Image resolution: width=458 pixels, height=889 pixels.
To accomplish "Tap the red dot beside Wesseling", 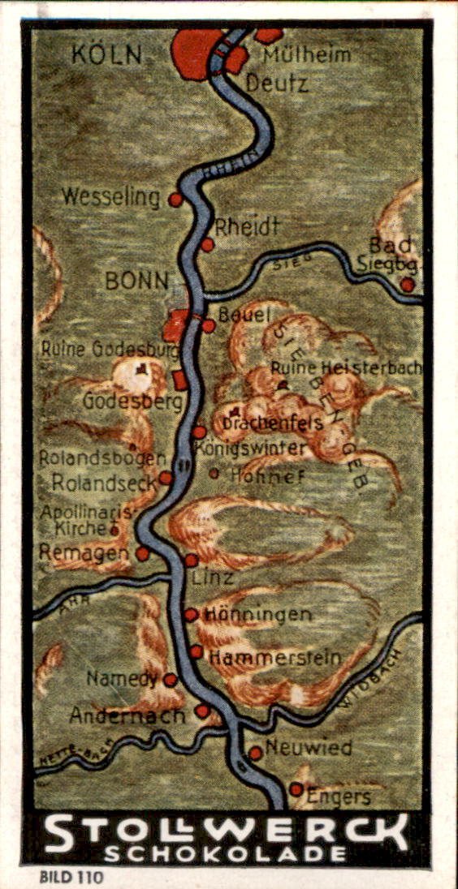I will point(175,200).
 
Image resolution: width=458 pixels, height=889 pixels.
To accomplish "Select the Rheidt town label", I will point(247,226).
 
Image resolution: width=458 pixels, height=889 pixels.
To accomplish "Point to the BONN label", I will point(136,281).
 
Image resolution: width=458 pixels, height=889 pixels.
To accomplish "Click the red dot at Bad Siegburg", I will point(407,285).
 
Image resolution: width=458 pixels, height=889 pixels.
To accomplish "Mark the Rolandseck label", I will point(102,482).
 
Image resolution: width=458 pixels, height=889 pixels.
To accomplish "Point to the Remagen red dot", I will point(143,553).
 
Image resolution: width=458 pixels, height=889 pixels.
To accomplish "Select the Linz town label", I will point(214,578).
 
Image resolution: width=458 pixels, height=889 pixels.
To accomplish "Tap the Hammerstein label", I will point(274,658).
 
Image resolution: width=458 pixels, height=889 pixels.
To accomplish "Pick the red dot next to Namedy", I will point(171,680).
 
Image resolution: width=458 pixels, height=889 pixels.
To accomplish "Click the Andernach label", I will point(128,715).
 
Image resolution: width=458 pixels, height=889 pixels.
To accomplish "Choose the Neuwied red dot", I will point(255,753).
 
